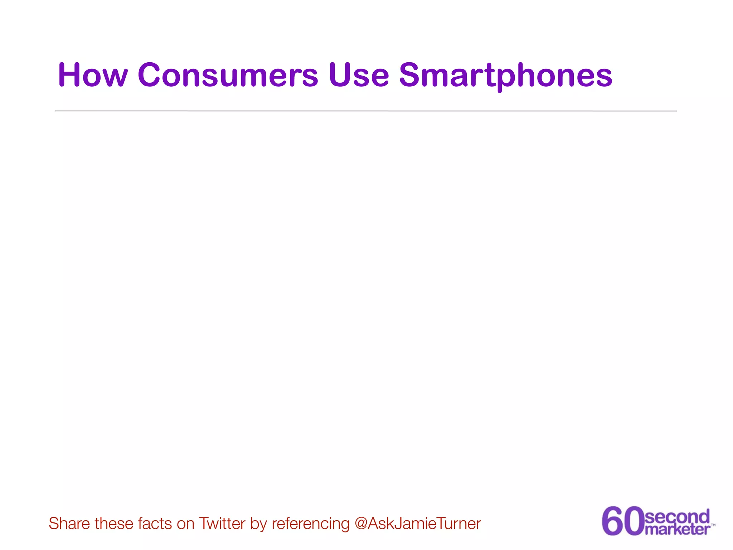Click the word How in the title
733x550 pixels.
93,75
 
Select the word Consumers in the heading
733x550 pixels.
228,75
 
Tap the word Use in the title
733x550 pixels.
359,75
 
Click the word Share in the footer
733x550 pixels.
69,524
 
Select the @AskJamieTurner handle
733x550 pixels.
418,524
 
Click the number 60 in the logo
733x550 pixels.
622,521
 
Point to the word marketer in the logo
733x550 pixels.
677,529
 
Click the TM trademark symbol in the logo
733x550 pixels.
713,525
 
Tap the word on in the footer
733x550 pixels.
185,524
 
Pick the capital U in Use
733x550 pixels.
340,75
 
